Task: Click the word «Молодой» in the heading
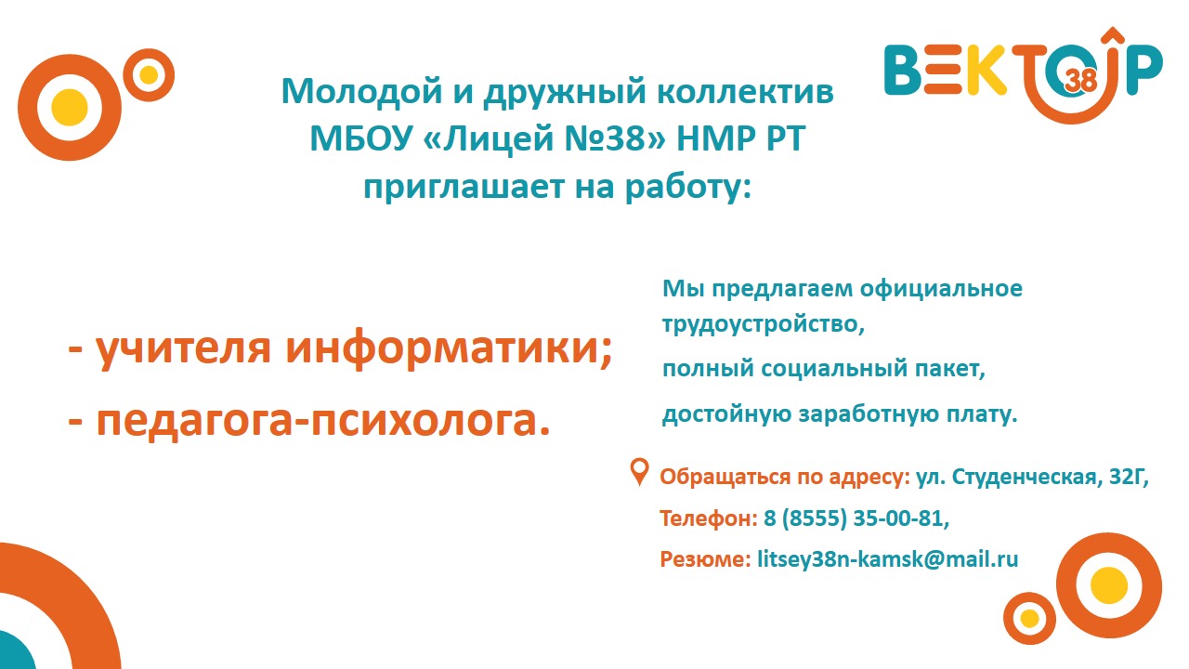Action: point(361,92)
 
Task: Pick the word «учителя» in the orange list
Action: point(183,349)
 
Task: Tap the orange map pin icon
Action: point(639,472)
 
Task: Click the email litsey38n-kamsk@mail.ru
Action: point(887,559)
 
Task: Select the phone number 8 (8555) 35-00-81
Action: point(856,518)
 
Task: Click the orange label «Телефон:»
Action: point(709,518)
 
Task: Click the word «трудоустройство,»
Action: point(764,324)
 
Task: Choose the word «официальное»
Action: point(941,289)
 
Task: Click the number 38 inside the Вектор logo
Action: point(1080,81)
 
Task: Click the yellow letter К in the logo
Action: point(986,69)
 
